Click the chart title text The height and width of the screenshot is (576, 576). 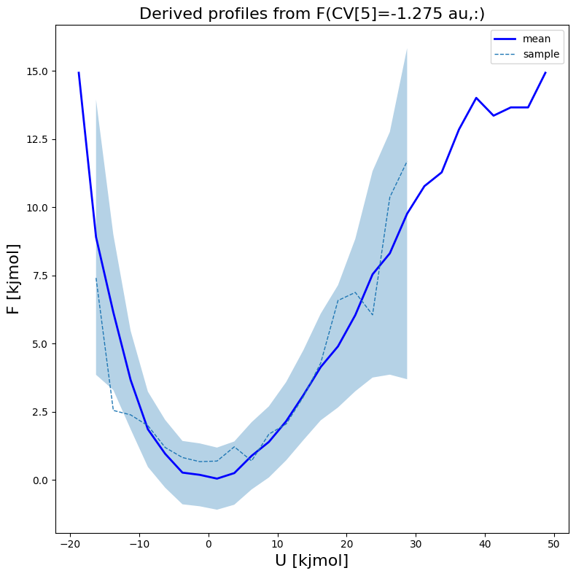coord(312,13)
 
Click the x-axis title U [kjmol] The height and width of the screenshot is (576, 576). coord(312,561)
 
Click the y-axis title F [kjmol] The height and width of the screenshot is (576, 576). coord(12,279)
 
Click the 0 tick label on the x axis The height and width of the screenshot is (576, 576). coord(209,544)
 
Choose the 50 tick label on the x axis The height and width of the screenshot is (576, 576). coord(553,544)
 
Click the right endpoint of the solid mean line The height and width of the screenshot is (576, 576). coord(545,73)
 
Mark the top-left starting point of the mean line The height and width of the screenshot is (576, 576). coord(79,73)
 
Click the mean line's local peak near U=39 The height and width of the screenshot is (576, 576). coord(476,98)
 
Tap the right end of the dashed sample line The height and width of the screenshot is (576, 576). coord(407,162)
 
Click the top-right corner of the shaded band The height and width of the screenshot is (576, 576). coord(407,49)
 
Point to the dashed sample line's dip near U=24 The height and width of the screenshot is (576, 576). coord(373,315)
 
